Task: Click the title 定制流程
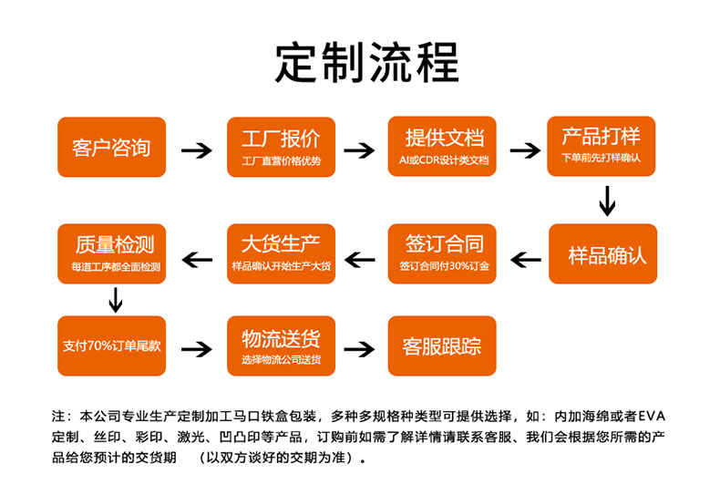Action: coord(366,62)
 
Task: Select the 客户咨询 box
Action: coord(111,147)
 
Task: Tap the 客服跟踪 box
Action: coord(442,345)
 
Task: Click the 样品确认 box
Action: coord(603,254)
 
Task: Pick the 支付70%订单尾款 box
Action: coord(111,345)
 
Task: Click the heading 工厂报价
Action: coord(281,139)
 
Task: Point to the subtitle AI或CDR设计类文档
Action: coord(444,160)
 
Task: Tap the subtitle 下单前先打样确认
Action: coord(601,158)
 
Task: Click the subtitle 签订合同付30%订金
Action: coord(444,266)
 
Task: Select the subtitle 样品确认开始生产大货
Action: coord(281,266)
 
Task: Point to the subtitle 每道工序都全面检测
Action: coord(116,267)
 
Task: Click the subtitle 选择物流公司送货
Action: coord(281,359)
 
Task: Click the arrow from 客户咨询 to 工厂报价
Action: coord(197,150)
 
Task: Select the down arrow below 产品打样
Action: coord(607,201)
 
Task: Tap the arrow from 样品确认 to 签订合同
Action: coord(526,260)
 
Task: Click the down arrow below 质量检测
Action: coord(115,300)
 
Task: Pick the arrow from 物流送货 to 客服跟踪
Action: coord(359,349)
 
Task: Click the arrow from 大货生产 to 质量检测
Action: coord(197,260)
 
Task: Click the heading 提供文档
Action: coord(445,138)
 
